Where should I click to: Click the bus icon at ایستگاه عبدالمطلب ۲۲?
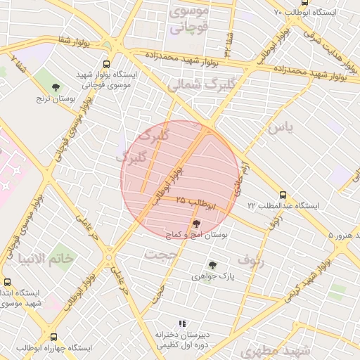point(283,195)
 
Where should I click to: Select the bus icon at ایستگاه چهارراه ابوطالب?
point(54,337)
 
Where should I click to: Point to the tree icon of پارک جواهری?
point(212,265)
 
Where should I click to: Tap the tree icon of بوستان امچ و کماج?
point(195,223)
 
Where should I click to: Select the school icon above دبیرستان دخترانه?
point(182,323)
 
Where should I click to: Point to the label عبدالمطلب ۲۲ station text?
point(283,206)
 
